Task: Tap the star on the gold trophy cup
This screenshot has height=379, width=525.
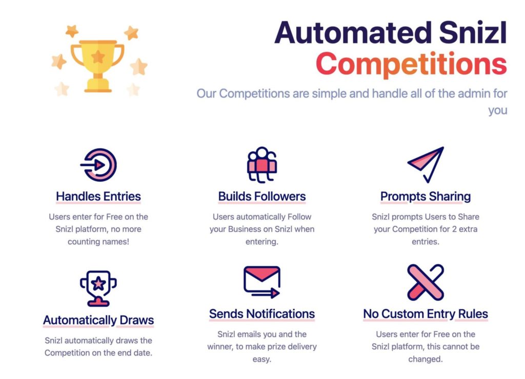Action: click(x=98, y=56)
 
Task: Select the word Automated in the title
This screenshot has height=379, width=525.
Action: click(x=353, y=33)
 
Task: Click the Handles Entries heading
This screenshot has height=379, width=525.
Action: click(x=98, y=196)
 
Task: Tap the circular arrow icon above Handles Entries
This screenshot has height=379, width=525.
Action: click(x=98, y=165)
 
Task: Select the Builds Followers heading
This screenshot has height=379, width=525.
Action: click(x=262, y=196)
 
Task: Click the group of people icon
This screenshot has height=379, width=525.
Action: click(x=262, y=165)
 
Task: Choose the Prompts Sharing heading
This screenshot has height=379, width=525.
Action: click(x=426, y=197)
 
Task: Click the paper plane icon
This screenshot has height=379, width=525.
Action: click(x=426, y=165)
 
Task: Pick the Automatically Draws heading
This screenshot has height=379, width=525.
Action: click(x=98, y=321)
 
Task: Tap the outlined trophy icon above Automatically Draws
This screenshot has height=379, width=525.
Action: click(x=98, y=289)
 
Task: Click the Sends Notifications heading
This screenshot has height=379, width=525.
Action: click(x=262, y=314)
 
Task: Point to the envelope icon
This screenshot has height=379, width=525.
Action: click(x=262, y=282)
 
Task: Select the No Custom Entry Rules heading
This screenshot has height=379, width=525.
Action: click(x=426, y=314)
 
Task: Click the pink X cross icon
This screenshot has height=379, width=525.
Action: click(x=426, y=282)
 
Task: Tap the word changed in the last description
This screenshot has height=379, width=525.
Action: click(x=425, y=359)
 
